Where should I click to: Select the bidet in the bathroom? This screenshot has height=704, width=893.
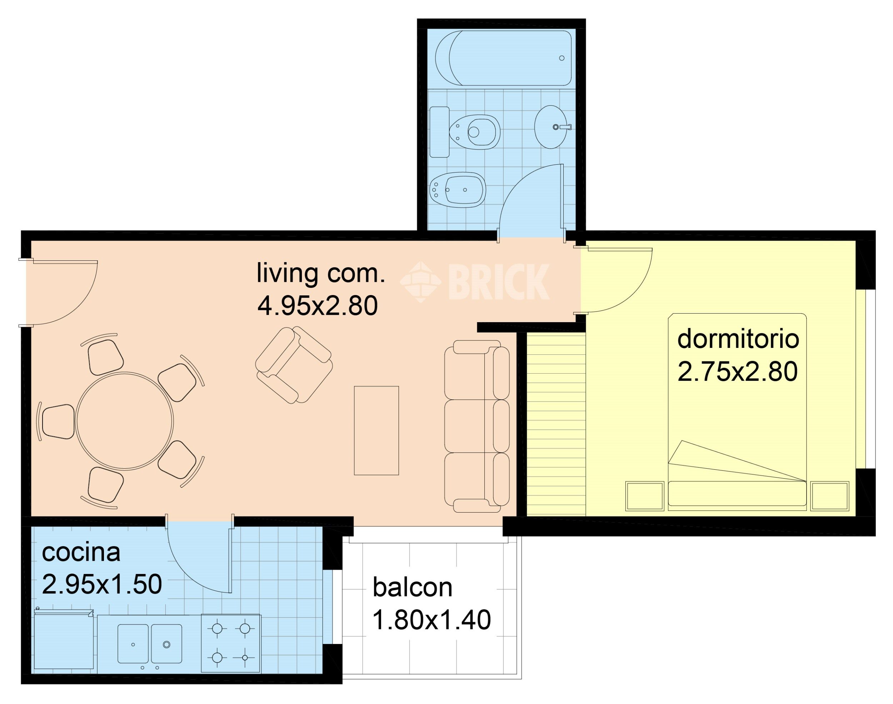point(458,190)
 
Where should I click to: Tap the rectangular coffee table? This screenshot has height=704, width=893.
point(376,431)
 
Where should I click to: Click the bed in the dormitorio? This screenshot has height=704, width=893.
point(737,412)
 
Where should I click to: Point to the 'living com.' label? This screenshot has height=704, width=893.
point(321,273)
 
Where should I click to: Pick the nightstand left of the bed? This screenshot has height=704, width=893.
point(644,496)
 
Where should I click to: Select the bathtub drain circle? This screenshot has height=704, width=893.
point(562,58)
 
